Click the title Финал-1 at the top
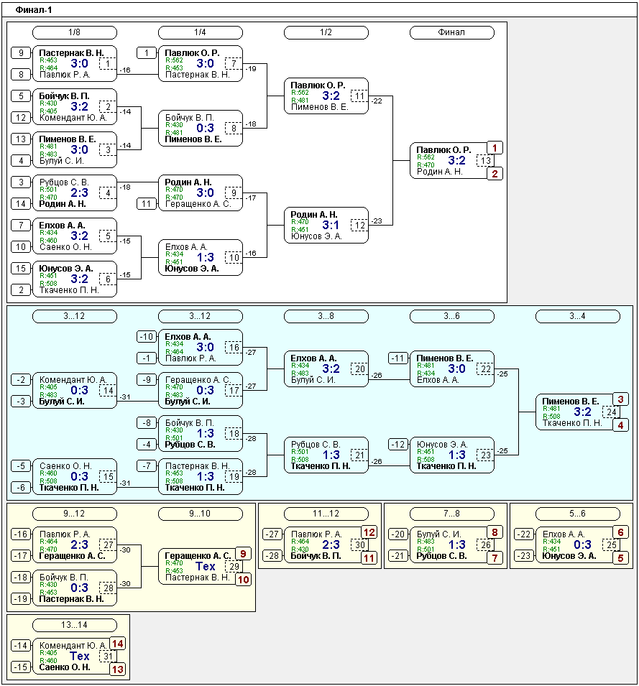(33, 9)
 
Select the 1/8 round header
(75, 32)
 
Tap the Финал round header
(451, 32)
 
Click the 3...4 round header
(578, 316)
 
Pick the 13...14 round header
(75, 625)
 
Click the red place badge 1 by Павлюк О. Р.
(495, 148)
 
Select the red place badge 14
(117, 644)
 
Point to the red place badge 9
(243, 554)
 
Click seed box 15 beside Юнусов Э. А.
(21, 268)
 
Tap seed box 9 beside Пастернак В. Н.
(21, 53)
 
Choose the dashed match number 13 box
(485, 161)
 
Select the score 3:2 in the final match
(457, 161)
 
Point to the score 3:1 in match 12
(331, 226)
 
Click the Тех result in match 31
(80, 657)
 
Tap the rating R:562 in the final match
(426, 157)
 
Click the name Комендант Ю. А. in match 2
(73, 118)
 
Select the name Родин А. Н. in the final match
(439, 172)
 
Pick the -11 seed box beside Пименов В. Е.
(397, 358)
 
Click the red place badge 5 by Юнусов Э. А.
(620, 558)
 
